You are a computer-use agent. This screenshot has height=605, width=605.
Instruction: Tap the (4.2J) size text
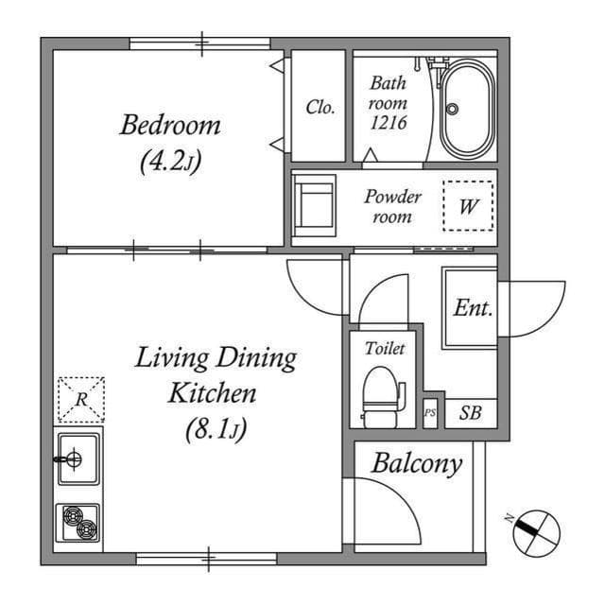(169, 162)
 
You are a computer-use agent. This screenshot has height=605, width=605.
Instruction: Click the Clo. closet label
(320, 107)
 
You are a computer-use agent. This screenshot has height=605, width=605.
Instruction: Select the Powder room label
(392, 207)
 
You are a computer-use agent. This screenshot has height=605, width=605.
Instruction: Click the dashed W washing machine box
(468, 206)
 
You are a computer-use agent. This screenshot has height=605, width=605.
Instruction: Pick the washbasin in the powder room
(315, 205)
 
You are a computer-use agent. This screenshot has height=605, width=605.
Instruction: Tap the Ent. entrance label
(472, 307)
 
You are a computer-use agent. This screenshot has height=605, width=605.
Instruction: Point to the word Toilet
(385, 349)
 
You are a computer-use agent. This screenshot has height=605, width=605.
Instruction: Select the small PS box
(430, 413)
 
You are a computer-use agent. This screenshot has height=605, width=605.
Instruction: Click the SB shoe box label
(470, 413)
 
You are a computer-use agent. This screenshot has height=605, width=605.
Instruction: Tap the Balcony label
(416, 463)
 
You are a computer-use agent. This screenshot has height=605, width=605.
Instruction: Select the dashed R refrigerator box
(81, 399)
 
